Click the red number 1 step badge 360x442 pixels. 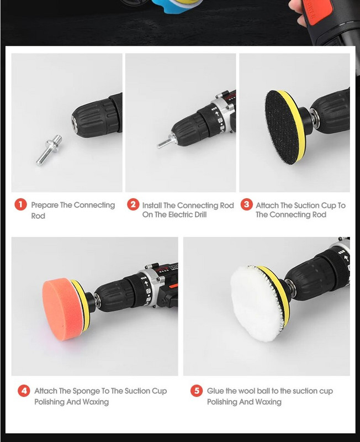click(x=20, y=204)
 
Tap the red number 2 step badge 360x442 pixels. click(x=133, y=204)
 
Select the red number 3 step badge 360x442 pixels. click(x=246, y=204)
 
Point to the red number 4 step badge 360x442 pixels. click(x=24, y=391)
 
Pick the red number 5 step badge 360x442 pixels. click(x=197, y=391)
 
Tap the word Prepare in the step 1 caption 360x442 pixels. click(x=45, y=206)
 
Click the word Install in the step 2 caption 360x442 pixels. click(x=152, y=205)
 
